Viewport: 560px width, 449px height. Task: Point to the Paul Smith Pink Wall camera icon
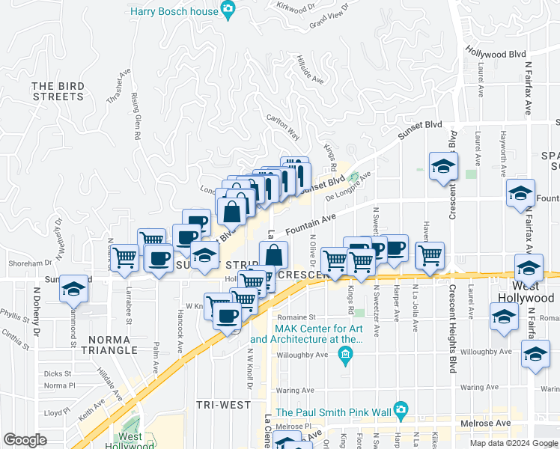click(x=401, y=410)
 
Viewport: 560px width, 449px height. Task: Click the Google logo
click(x=25, y=440)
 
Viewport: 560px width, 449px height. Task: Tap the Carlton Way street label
click(x=284, y=127)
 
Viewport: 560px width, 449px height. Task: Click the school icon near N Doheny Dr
click(x=73, y=288)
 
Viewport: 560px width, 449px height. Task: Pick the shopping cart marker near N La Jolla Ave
click(x=430, y=255)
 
